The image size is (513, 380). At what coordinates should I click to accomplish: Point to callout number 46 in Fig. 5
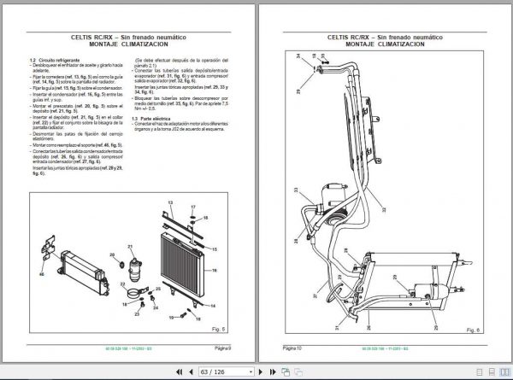point(40,274)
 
